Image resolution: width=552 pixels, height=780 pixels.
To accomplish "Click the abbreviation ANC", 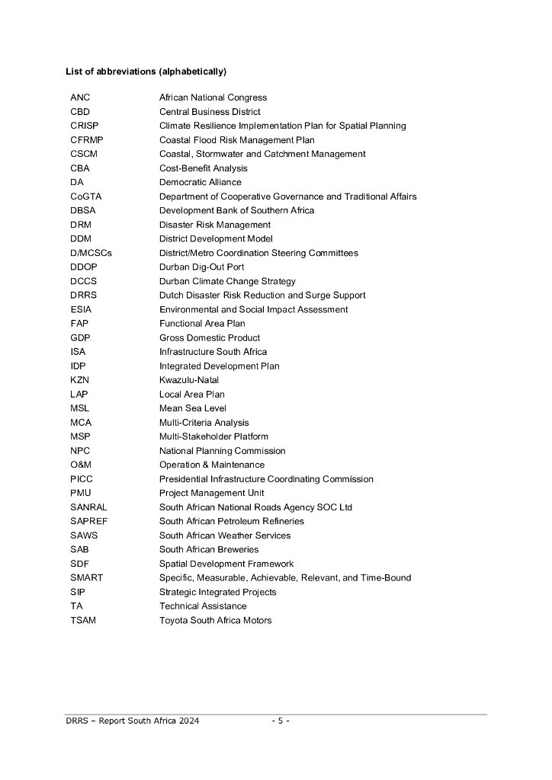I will pyautogui.click(x=80, y=97).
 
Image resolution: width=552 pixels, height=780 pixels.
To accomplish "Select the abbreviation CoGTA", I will pyautogui.click(x=85, y=197).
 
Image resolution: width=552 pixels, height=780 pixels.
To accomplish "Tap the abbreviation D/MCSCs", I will pyautogui.click(x=91, y=253).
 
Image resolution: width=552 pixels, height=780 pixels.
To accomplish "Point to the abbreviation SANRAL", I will pyautogui.click(x=88, y=507).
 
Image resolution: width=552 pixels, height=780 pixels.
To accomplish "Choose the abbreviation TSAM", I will pyautogui.click(x=83, y=620).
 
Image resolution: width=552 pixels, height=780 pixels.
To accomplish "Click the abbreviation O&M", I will pyautogui.click(x=82, y=465).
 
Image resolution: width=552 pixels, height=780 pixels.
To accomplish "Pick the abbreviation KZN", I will pyautogui.click(x=80, y=380).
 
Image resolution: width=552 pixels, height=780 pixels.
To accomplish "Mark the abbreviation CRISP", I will pyautogui.click(x=84, y=126).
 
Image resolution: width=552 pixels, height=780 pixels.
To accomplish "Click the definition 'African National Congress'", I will pyautogui.click(x=213, y=97).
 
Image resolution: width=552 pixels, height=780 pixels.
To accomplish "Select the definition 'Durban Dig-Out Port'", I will pyautogui.click(x=201, y=267).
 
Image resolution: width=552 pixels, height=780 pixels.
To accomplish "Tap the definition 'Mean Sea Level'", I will pyautogui.click(x=192, y=408).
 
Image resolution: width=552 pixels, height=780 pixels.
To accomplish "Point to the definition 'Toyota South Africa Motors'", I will pyautogui.click(x=215, y=620).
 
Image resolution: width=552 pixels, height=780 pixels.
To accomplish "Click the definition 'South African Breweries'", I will pyautogui.click(x=208, y=549).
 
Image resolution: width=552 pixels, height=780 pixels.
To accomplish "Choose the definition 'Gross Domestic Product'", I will pyautogui.click(x=209, y=337).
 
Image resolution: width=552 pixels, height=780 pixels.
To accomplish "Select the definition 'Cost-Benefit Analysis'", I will pyautogui.click(x=203, y=168).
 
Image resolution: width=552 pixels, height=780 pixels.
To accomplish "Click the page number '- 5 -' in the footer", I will pyautogui.click(x=281, y=721).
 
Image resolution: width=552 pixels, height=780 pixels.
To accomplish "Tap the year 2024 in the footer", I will pyautogui.click(x=188, y=721).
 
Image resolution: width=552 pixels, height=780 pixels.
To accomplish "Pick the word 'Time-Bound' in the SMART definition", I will pyautogui.click(x=387, y=577).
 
